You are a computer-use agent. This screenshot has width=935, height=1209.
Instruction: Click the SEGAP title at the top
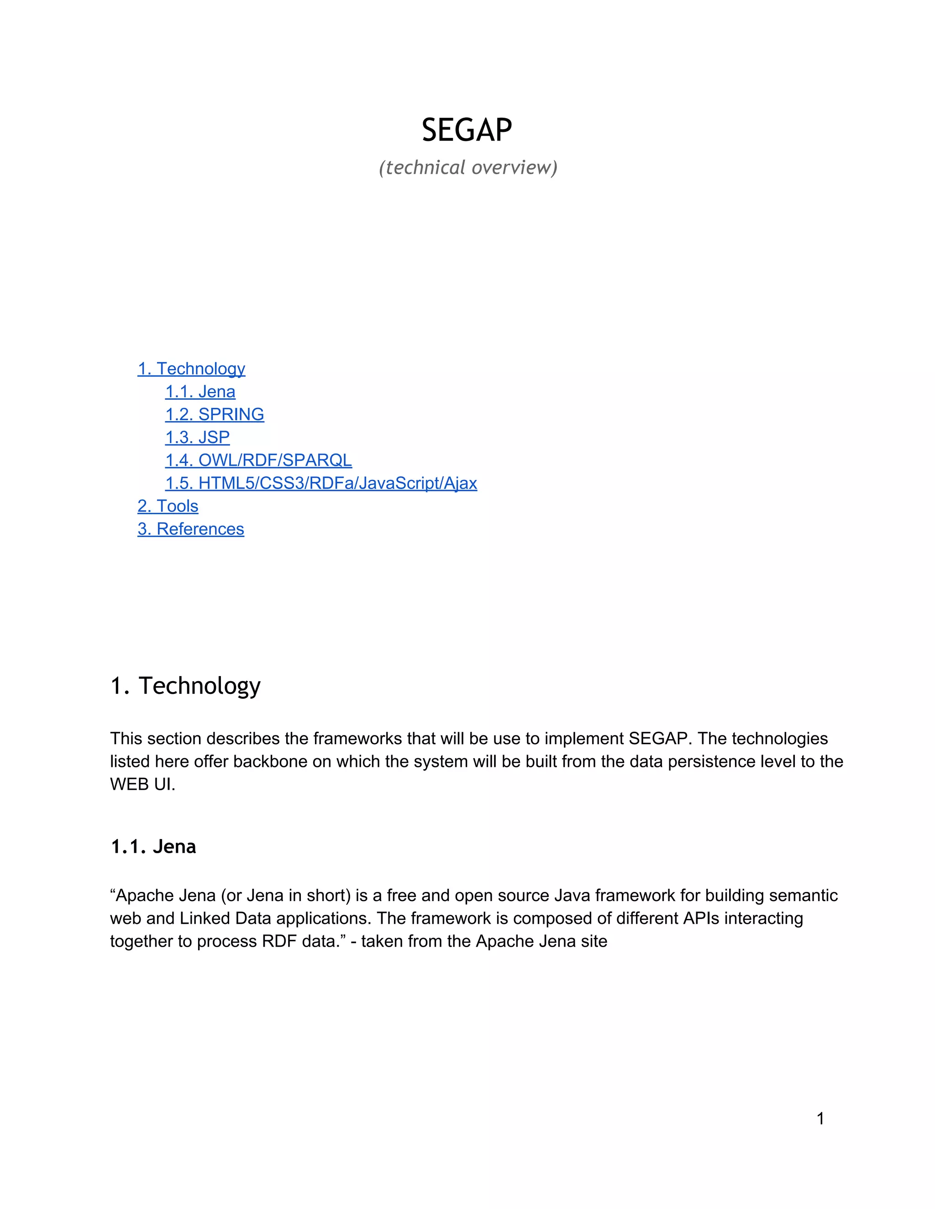(x=467, y=130)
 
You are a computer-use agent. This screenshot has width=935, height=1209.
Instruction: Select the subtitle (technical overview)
(x=468, y=167)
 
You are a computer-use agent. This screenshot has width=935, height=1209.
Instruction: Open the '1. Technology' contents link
(x=191, y=369)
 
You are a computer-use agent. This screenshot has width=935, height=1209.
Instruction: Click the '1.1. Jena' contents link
(x=200, y=392)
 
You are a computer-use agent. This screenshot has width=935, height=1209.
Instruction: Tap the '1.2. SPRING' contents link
(x=215, y=415)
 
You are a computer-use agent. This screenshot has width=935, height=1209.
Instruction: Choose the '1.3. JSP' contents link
(x=197, y=438)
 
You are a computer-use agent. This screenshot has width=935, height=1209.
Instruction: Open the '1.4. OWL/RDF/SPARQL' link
(x=258, y=460)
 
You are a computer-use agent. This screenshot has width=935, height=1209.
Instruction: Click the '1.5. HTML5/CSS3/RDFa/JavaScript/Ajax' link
(x=320, y=483)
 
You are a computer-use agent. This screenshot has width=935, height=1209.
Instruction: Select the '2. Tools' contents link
(x=168, y=506)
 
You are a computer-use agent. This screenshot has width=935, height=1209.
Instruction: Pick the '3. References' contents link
(x=190, y=529)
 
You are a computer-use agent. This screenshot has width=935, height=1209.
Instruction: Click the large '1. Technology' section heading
(x=185, y=685)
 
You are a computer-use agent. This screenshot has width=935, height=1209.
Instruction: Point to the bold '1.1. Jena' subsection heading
(x=153, y=846)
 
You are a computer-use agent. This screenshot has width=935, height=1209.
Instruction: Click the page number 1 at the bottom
(x=820, y=1119)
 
